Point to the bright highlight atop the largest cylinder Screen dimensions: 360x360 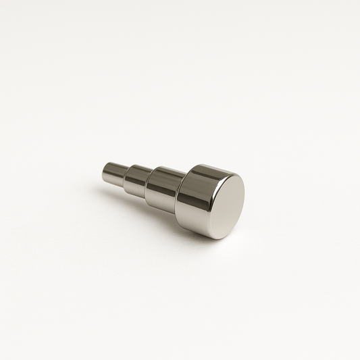coord(203,169)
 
